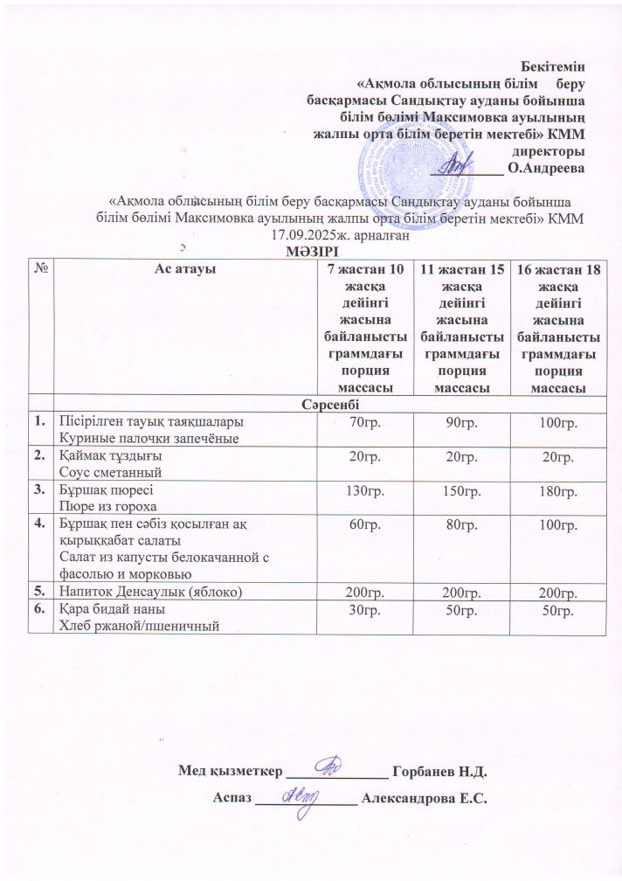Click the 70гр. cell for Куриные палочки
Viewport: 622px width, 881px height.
[x=364, y=423]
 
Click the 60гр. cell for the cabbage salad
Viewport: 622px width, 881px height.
[x=364, y=525]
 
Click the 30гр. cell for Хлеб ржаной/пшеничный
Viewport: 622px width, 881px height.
[x=364, y=610]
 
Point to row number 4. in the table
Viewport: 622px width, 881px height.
[x=40, y=524]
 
